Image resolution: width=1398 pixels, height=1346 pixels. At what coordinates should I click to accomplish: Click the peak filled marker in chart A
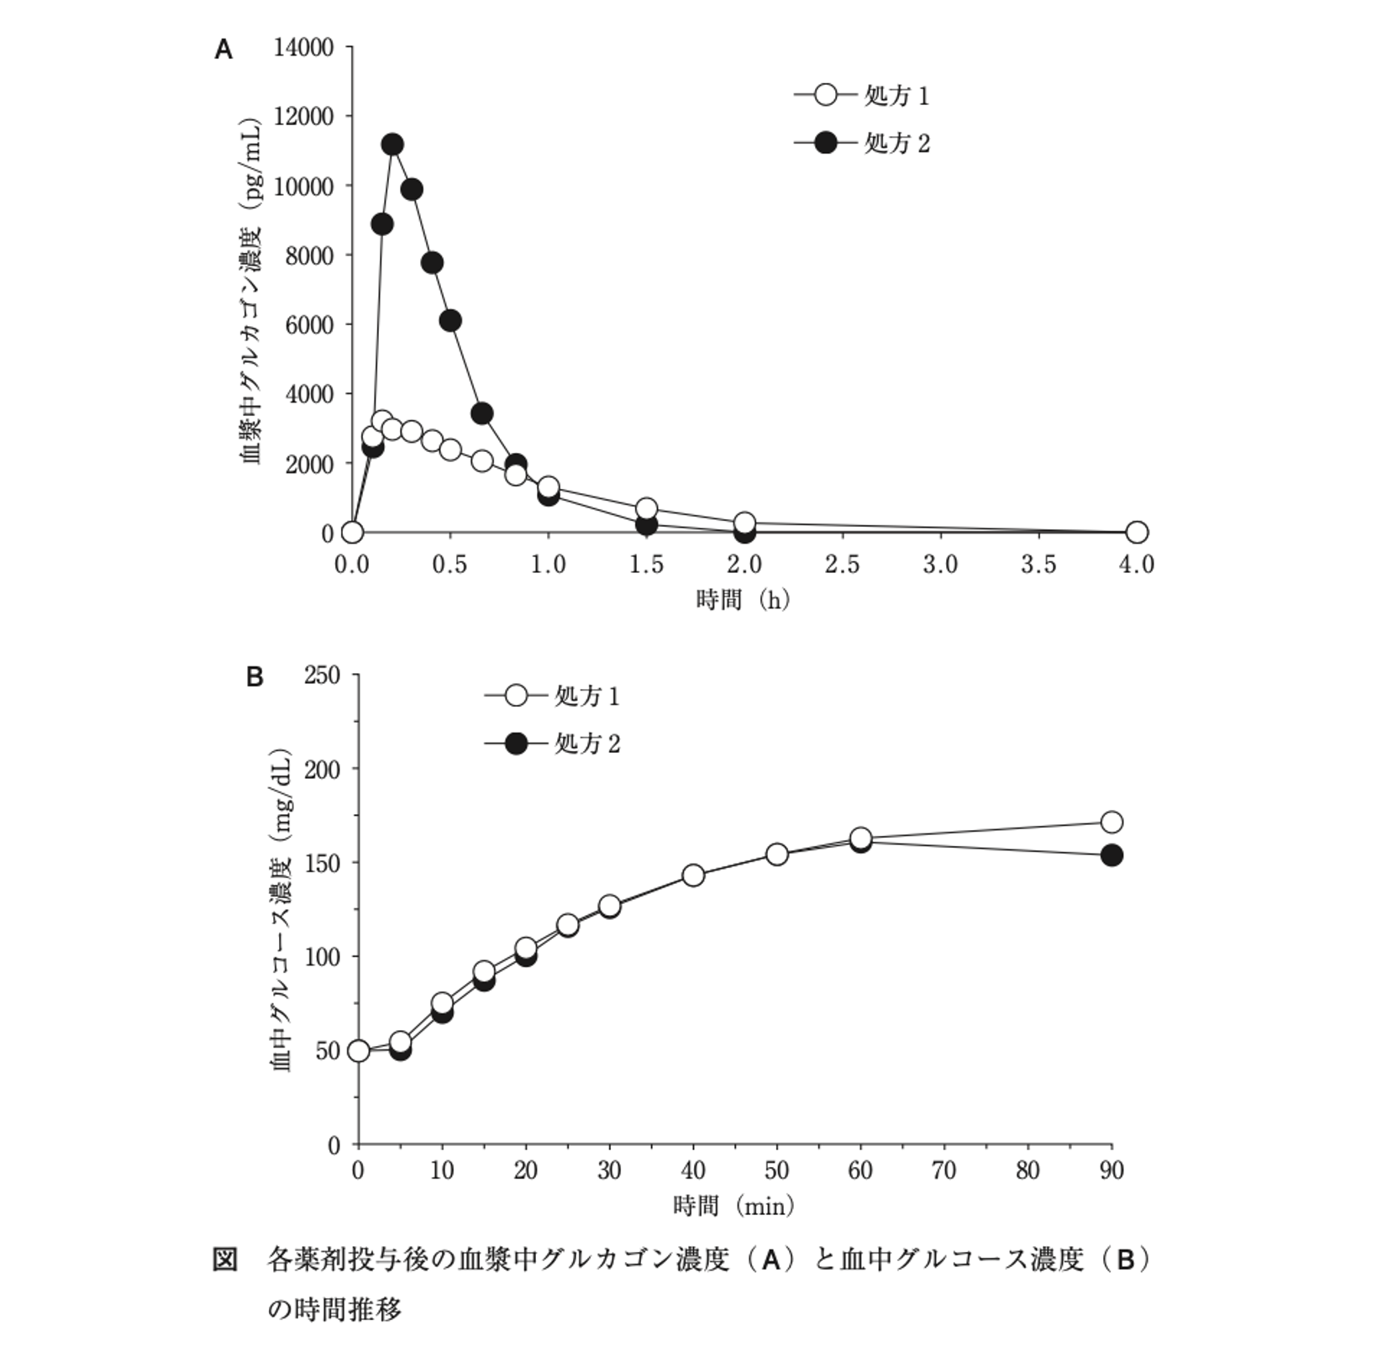[392, 145]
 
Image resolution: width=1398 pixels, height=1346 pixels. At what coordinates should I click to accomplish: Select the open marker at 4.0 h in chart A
[1137, 532]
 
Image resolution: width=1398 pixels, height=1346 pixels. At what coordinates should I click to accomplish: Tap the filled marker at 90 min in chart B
[1112, 855]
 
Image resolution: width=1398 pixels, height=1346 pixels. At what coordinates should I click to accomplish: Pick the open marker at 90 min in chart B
[1112, 822]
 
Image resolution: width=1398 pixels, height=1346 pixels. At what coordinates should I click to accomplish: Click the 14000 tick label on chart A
[303, 47]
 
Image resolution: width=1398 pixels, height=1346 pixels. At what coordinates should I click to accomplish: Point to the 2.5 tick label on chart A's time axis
[842, 565]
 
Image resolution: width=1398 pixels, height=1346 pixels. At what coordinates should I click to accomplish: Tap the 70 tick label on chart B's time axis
[944, 1170]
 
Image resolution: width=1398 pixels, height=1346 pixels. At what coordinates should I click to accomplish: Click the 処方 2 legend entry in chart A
[862, 144]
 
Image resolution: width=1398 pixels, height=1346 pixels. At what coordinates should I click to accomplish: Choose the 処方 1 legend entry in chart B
[552, 696]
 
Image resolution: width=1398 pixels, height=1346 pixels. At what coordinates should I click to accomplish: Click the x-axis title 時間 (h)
[744, 600]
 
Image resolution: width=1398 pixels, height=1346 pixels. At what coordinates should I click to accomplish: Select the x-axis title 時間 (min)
[734, 1207]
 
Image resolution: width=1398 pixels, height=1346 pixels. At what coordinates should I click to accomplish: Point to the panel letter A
[223, 50]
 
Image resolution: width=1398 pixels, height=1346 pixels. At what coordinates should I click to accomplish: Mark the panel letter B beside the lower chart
[255, 677]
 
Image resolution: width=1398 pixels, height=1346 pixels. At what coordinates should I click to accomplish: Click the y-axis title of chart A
[251, 289]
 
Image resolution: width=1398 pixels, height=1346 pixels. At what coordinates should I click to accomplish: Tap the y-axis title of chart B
[281, 909]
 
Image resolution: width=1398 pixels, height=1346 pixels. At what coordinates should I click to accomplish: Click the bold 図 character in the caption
[225, 1259]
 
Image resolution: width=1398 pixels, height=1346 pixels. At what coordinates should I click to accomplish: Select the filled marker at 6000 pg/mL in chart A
[450, 320]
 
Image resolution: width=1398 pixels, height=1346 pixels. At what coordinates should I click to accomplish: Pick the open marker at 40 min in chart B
[693, 875]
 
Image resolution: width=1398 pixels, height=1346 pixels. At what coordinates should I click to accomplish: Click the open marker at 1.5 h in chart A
[646, 508]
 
